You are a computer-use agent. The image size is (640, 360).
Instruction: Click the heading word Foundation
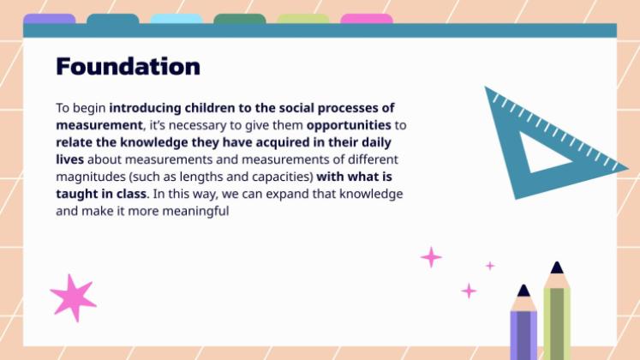pyautogui.click(x=128, y=66)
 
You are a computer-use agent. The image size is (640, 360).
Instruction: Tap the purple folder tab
pyautogui.click(x=50, y=19)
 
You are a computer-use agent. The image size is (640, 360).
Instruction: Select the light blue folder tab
pyautogui.click(x=176, y=19)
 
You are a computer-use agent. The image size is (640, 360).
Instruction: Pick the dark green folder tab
pyautogui.click(x=239, y=19)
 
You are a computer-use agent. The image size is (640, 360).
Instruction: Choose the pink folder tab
pyautogui.click(x=367, y=19)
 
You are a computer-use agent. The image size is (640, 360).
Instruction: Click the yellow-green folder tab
pyautogui.click(x=303, y=19)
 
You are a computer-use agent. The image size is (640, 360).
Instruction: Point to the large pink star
pyautogui.click(x=72, y=296)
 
